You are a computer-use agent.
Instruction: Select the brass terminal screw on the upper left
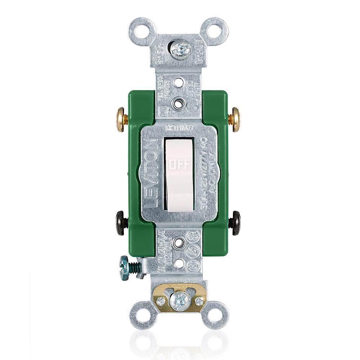[121, 119]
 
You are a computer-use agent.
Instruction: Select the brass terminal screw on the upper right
[236, 119]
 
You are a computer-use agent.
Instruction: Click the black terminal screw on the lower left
[121, 223]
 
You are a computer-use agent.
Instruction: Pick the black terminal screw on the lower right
[236, 223]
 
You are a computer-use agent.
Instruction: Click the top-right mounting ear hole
[216, 29]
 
